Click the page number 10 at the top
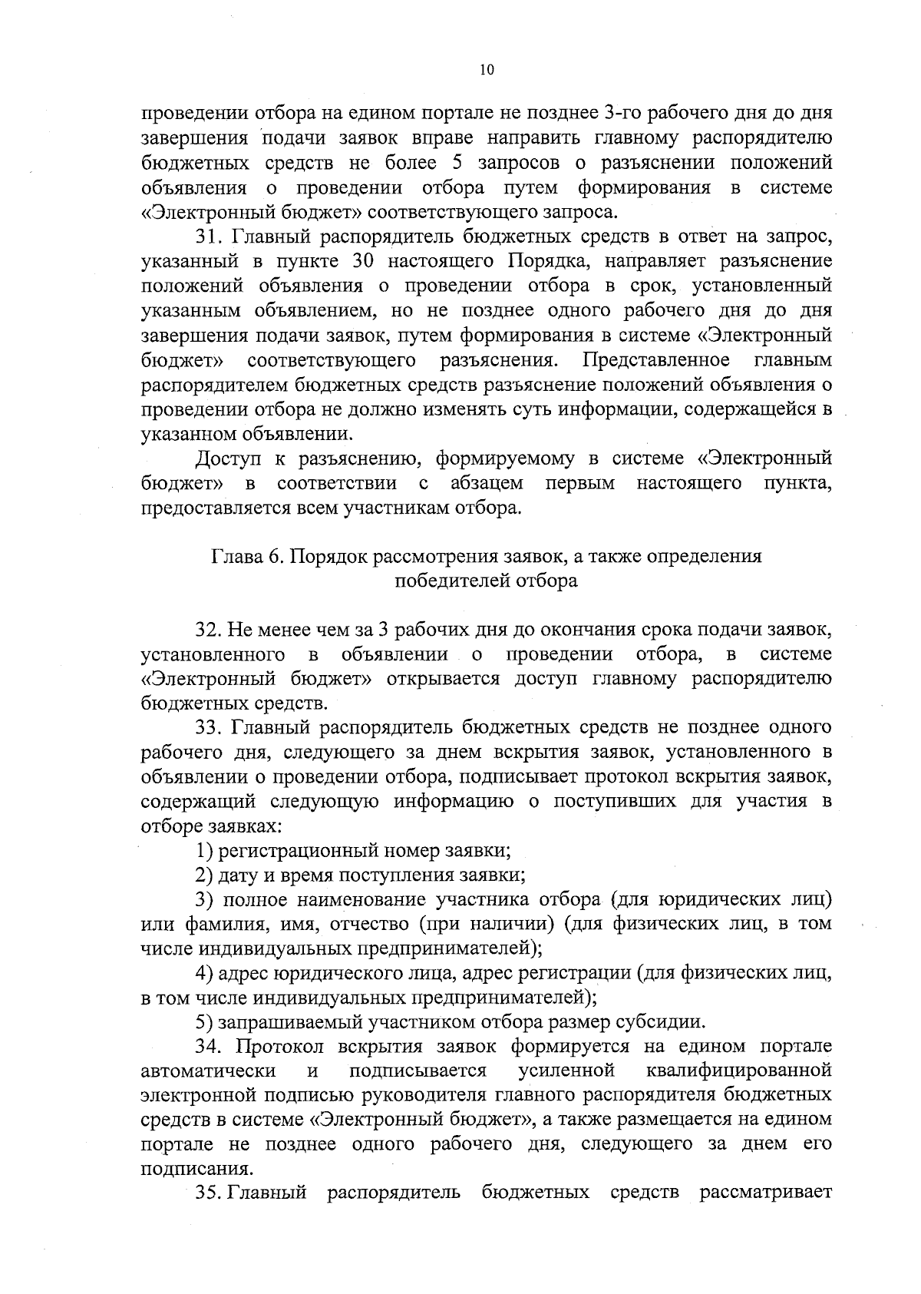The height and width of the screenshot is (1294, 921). tap(487, 70)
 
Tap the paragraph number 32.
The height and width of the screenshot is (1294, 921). tap(208, 630)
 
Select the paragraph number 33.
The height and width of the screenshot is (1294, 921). tap(208, 727)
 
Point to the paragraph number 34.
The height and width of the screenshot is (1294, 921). tap(208, 1046)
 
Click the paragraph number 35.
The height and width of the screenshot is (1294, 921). tap(209, 1193)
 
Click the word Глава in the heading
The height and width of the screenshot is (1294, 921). tap(234, 556)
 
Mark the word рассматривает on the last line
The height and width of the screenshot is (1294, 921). tap(766, 1193)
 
